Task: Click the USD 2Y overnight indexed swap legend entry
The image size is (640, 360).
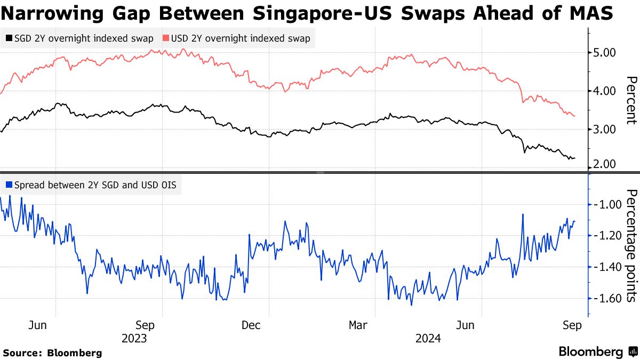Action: click(x=237, y=38)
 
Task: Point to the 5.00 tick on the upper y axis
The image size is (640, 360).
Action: click(x=605, y=53)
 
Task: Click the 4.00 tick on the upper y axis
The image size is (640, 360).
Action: click(x=605, y=91)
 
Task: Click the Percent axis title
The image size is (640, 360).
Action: click(x=630, y=100)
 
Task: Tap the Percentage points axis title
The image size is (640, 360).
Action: click(x=630, y=246)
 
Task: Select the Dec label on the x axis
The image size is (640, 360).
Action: click(x=251, y=325)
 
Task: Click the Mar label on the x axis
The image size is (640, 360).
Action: click(x=358, y=325)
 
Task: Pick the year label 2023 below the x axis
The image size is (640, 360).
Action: click(x=134, y=339)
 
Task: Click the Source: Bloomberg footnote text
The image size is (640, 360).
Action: click(x=52, y=353)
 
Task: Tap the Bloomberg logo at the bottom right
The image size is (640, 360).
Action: click(x=597, y=352)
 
